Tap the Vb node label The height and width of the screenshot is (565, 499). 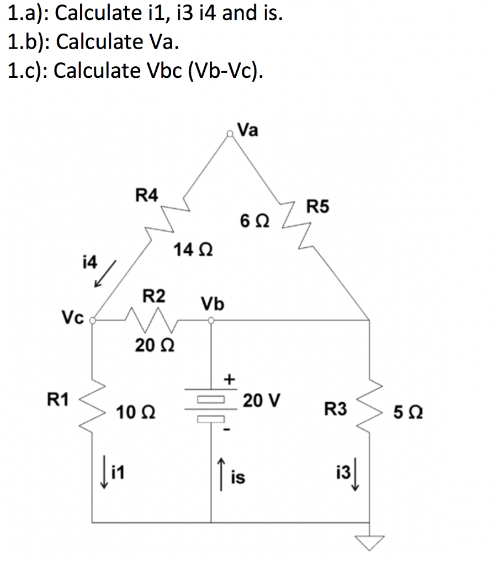point(213,303)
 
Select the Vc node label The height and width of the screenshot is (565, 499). point(72,318)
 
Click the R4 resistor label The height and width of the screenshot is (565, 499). point(147,195)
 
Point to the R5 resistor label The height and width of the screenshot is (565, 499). point(318,207)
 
